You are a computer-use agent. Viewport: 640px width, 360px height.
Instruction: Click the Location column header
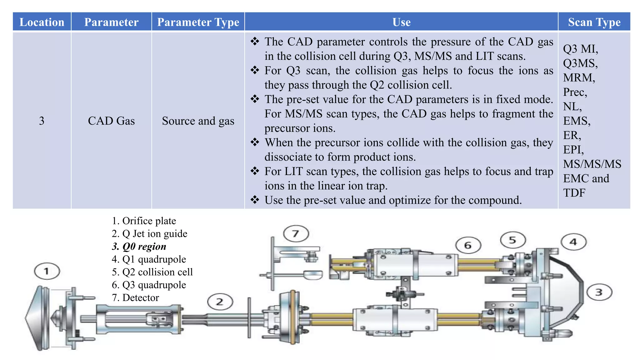[x=42, y=22]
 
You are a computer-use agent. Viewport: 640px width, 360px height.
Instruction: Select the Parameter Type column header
[x=198, y=22]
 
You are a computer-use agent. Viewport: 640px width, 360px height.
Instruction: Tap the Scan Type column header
[x=594, y=22]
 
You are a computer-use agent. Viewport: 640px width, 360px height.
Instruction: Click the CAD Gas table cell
[x=111, y=121]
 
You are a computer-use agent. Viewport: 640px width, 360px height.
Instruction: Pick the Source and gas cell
[x=198, y=121]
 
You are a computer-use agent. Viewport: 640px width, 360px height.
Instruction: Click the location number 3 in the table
[x=42, y=121]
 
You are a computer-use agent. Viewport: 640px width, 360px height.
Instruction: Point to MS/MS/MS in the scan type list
[x=592, y=164]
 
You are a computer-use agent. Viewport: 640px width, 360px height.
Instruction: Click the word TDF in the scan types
[x=574, y=193]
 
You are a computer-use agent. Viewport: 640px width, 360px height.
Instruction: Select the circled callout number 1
[x=47, y=271]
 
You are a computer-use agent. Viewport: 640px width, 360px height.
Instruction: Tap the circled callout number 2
[x=220, y=302]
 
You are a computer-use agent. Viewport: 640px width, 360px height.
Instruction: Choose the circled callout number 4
[x=573, y=242]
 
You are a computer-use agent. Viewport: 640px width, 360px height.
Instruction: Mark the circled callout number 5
[x=513, y=240]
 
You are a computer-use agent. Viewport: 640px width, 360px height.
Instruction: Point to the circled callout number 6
[x=468, y=245]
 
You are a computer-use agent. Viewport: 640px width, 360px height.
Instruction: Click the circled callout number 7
[x=296, y=233]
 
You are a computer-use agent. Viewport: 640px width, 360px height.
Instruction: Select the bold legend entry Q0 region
[x=139, y=247]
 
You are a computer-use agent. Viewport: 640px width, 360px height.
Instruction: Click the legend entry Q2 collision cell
[x=152, y=272]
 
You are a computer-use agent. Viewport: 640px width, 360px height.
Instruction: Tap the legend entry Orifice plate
[x=144, y=221]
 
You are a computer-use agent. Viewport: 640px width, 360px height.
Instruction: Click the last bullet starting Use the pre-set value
[x=393, y=200]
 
